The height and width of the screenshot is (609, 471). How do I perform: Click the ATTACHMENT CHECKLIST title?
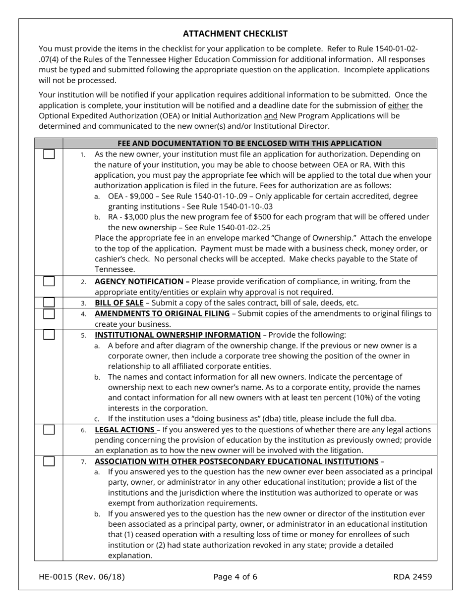click(x=235, y=34)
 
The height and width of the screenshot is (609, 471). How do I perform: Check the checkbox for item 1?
click(x=49, y=154)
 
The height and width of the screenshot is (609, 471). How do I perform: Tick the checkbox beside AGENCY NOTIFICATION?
click(x=49, y=281)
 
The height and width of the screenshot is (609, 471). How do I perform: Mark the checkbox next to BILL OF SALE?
click(x=49, y=302)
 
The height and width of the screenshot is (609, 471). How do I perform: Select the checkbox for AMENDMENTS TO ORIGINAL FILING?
click(x=49, y=313)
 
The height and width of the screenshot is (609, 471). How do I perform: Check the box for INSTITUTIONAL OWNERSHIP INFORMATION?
click(x=49, y=335)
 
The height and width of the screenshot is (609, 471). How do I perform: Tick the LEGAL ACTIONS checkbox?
click(x=49, y=429)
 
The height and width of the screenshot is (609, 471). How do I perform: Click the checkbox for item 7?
click(x=49, y=461)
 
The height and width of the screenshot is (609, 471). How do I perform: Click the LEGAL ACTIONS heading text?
click(x=124, y=429)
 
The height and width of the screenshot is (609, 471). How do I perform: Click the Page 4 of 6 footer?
click(x=235, y=576)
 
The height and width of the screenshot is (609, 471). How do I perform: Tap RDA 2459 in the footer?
click(x=412, y=576)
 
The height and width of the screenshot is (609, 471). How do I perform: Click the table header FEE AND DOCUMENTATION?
click(x=249, y=143)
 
